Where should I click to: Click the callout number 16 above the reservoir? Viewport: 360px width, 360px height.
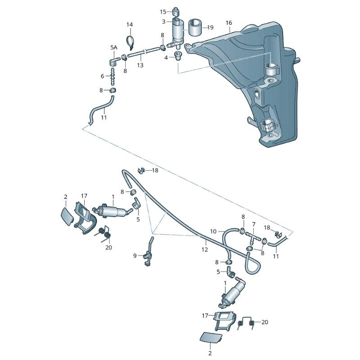[x=229, y=23]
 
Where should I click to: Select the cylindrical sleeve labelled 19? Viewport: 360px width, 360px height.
[x=195, y=27]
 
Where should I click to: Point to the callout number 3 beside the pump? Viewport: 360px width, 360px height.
[x=163, y=22]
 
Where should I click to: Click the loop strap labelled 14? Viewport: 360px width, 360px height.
[x=130, y=42]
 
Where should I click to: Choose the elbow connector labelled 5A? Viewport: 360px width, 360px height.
[x=114, y=61]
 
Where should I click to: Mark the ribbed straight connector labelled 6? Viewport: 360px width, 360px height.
[x=113, y=76]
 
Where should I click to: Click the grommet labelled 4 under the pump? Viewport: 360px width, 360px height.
[x=178, y=56]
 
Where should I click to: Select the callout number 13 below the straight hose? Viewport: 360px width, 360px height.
[x=140, y=65]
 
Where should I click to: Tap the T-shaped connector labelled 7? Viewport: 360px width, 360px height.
[x=253, y=236]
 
